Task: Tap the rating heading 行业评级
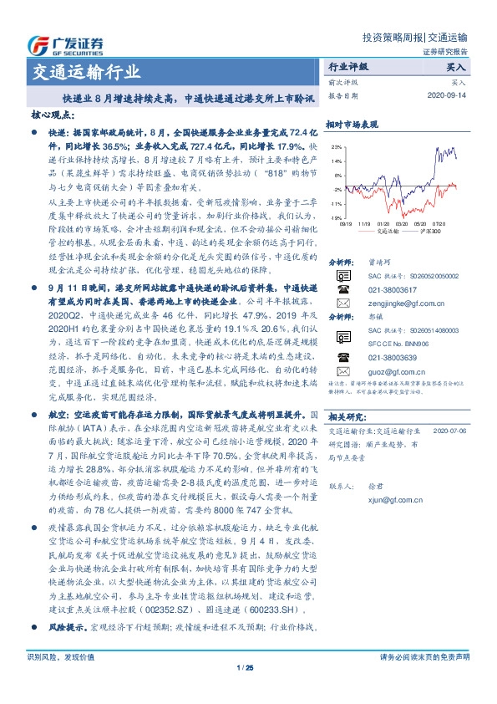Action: pos(348,65)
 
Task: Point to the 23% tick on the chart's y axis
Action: pos(336,147)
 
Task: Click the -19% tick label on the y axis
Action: pos(335,216)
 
